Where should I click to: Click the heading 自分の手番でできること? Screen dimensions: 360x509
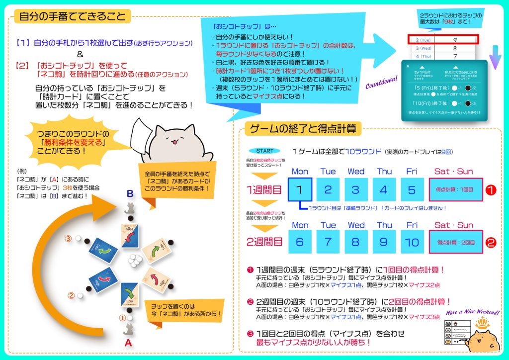(73, 16)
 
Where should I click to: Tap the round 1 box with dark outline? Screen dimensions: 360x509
(300, 189)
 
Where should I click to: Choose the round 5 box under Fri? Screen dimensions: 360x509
(412, 189)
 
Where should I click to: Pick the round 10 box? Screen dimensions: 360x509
(412, 242)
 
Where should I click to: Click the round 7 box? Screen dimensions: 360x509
(328, 242)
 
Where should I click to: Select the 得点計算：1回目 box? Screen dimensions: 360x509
(456, 189)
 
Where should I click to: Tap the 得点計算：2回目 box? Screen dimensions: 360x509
(456, 242)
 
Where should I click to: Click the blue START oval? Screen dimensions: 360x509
(264, 151)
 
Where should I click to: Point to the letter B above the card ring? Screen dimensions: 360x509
(129, 193)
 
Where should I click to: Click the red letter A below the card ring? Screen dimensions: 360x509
(128, 343)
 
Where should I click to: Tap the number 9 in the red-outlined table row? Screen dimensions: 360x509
(455, 39)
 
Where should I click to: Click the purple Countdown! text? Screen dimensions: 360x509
(382, 82)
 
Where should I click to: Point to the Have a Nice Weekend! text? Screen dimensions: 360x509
(472, 312)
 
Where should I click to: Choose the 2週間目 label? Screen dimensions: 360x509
(264, 242)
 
